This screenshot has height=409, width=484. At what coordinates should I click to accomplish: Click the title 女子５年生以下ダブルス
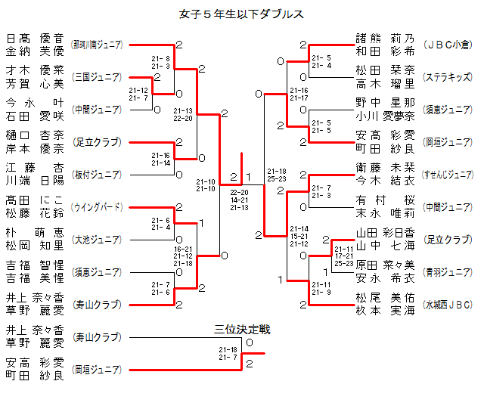click(x=242, y=14)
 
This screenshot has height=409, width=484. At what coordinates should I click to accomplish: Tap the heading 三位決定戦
click(x=242, y=329)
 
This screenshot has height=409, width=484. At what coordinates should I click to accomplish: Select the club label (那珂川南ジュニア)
click(x=97, y=45)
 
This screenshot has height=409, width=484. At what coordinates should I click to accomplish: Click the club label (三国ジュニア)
click(x=97, y=77)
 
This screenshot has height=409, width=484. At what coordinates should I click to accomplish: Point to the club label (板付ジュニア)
click(x=97, y=175)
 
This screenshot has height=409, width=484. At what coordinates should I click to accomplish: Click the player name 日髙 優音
click(x=35, y=39)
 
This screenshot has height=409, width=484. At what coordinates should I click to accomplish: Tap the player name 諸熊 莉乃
click(x=386, y=39)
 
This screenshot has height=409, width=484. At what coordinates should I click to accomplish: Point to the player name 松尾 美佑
click(x=386, y=298)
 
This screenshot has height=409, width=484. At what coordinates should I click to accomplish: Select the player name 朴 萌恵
click(x=35, y=233)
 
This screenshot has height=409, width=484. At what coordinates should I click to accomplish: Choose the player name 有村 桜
click(x=386, y=200)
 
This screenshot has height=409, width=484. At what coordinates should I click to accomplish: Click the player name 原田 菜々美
click(x=386, y=265)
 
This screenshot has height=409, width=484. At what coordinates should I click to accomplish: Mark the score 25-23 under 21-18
click(x=277, y=178)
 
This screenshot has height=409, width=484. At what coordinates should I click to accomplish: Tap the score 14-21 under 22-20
click(x=239, y=200)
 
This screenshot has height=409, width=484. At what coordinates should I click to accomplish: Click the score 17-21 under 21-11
click(x=344, y=256)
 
